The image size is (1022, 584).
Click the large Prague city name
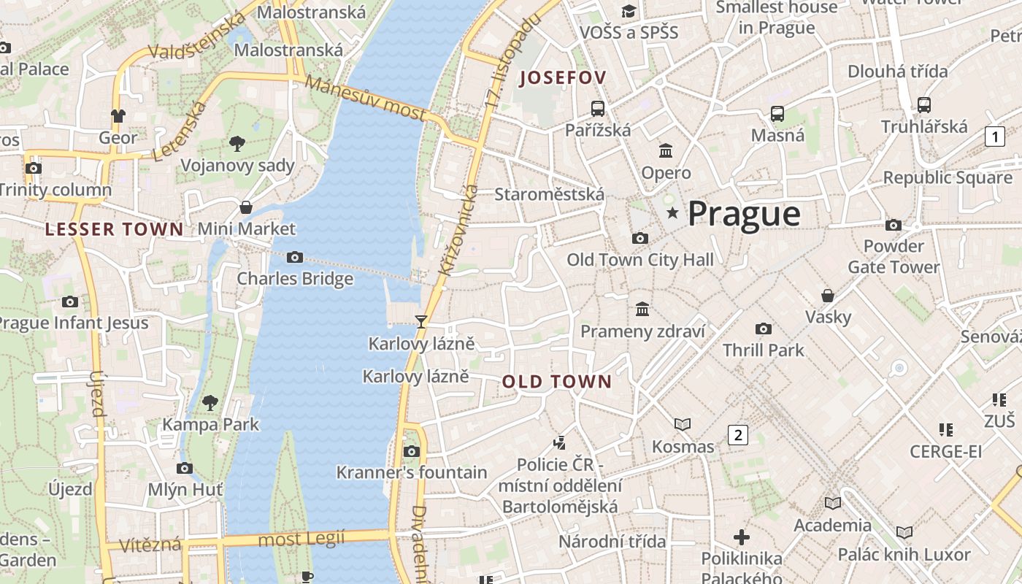(744, 214)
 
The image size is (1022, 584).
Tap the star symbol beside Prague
(672, 213)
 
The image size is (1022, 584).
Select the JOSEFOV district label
(563, 78)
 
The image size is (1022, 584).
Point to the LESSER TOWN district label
(114, 229)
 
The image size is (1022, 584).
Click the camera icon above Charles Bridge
(295, 257)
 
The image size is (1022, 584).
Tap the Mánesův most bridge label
(365, 98)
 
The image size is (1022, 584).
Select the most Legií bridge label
(301, 539)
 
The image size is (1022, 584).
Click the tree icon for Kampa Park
(210, 402)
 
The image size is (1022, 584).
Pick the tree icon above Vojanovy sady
(237, 143)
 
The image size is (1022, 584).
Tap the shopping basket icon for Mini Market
(246, 207)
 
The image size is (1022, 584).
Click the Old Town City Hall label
(640, 260)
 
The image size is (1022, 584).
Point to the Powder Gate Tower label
(894, 256)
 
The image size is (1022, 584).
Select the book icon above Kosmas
(683, 424)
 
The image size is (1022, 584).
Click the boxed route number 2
(738, 435)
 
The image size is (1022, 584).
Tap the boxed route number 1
(994, 137)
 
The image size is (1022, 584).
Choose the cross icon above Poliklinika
(742, 537)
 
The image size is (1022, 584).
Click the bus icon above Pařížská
(598, 109)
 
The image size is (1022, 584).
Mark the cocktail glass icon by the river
(420, 321)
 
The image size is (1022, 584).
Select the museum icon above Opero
(666, 151)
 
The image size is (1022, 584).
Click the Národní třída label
(612, 541)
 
